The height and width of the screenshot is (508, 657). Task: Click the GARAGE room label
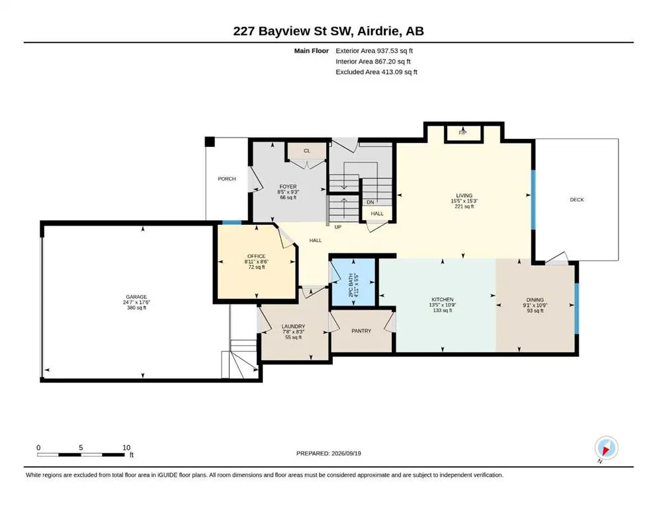click(x=136, y=297)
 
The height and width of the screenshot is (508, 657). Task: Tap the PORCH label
click(x=227, y=179)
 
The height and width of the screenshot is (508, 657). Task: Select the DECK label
click(x=577, y=200)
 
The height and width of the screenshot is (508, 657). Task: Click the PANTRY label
click(x=361, y=331)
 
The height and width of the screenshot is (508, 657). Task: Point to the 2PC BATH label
click(x=351, y=285)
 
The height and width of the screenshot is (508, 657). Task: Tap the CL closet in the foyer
click(x=307, y=151)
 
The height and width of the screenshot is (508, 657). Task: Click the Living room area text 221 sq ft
click(x=464, y=206)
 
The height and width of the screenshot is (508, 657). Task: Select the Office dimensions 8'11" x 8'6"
click(x=257, y=262)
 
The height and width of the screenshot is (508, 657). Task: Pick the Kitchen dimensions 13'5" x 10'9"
click(x=443, y=305)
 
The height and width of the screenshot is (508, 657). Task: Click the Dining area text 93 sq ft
click(x=535, y=311)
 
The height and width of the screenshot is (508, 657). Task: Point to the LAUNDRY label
click(x=293, y=326)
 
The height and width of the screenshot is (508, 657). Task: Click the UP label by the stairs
click(x=337, y=227)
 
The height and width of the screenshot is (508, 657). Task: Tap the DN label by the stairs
click(x=371, y=202)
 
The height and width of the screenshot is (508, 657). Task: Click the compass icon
click(x=606, y=448)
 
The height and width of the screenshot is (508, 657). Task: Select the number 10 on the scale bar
click(x=126, y=447)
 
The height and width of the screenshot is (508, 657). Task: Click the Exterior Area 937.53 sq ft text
click(x=374, y=51)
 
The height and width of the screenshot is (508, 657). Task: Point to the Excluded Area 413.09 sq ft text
click(x=376, y=71)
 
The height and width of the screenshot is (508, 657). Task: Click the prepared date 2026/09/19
click(x=346, y=453)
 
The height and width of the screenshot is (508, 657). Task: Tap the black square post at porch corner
click(x=210, y=142)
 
